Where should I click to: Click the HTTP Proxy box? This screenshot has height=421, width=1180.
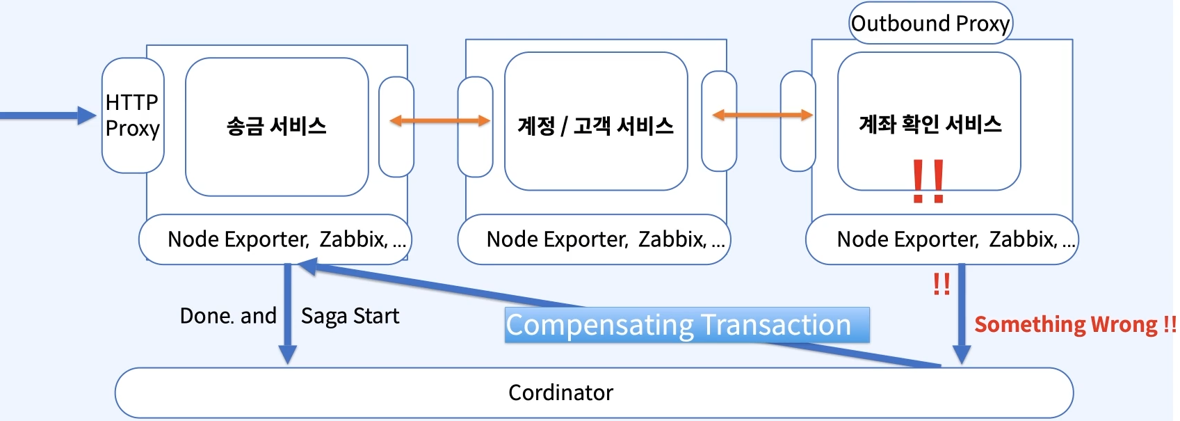click(x=133, y=116)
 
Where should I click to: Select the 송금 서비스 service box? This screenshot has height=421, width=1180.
click(x=277, y=127)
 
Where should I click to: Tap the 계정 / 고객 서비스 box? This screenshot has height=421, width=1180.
click(x=596, y=125)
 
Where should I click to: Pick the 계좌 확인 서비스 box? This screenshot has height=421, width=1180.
click(x=930, y=124)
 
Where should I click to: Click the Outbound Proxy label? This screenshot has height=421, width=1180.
click(x=930, y=24)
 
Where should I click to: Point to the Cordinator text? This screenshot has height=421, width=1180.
click(x=560, y=392)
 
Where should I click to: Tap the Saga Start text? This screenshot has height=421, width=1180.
click(x=350, y=316)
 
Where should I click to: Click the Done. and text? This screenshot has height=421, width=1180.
click(x=228, y=316)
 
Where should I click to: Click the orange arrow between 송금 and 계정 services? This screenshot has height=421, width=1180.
click(x=439, y=121)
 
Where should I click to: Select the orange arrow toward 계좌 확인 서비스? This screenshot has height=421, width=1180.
click(x=762, y=115)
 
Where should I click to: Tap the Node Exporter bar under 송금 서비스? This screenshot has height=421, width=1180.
click(x=275, y=239)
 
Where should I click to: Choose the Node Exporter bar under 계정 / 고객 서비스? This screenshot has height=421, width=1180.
click(x=595, y=239)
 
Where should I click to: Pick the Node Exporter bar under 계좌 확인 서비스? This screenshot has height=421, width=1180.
click(x=942, y=239)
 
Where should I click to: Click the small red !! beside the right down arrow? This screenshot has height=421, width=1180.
click(x=941, y=283)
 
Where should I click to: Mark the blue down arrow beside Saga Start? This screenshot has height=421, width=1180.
click(x=287, y=313)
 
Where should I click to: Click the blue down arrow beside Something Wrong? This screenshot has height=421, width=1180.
click(x=962, y=313)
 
